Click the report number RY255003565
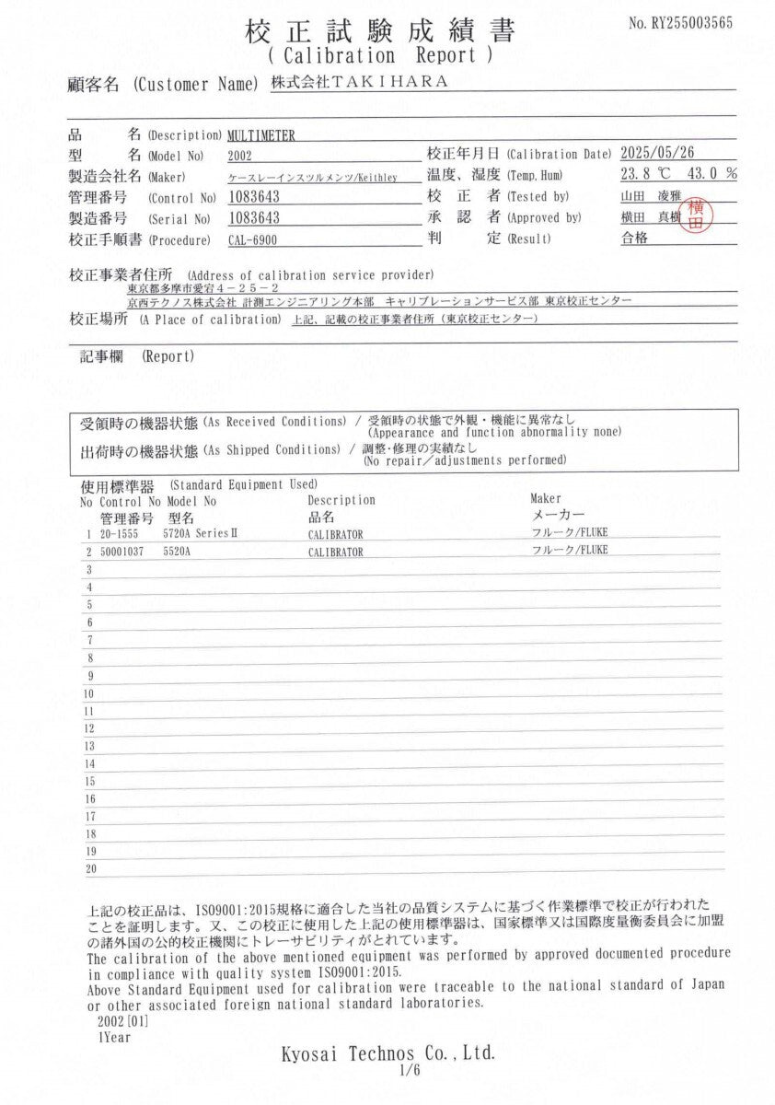click(x=680, y=23)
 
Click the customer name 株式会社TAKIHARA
click(x=360, y=82)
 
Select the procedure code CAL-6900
click(x=252, y=240)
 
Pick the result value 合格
click(x=635, y=238)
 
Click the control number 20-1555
click(x=116, y=534)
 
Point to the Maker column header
click(x=546, y=499)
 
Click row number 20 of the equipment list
click(x=90, y=868)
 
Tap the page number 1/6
click(x=409, y=1070)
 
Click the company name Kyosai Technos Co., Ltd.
click(x=387, y=1052)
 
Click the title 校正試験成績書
click(x=379, y=30)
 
